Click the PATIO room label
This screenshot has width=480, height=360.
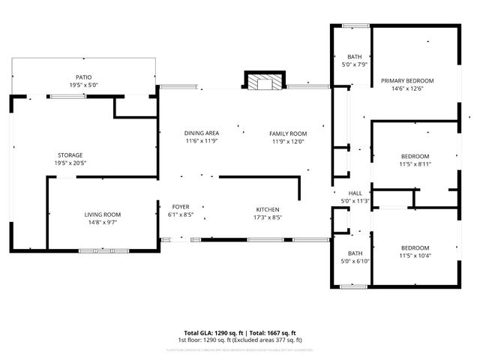(82, 77)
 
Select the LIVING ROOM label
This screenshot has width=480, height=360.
(102, 214)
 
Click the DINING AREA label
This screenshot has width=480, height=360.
(202, 133)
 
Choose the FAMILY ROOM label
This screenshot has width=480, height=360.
(288, 133)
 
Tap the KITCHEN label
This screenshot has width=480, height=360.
(268, 209)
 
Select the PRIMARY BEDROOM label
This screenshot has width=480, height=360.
(406, 80)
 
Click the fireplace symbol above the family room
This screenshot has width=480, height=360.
(265, 82)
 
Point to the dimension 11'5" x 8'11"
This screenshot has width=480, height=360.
(415, 163)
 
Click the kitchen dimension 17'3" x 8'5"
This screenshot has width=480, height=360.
(268, 217)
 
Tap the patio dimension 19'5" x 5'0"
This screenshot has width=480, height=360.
(82, 85)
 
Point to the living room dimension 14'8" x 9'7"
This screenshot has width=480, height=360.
(102, 222)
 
